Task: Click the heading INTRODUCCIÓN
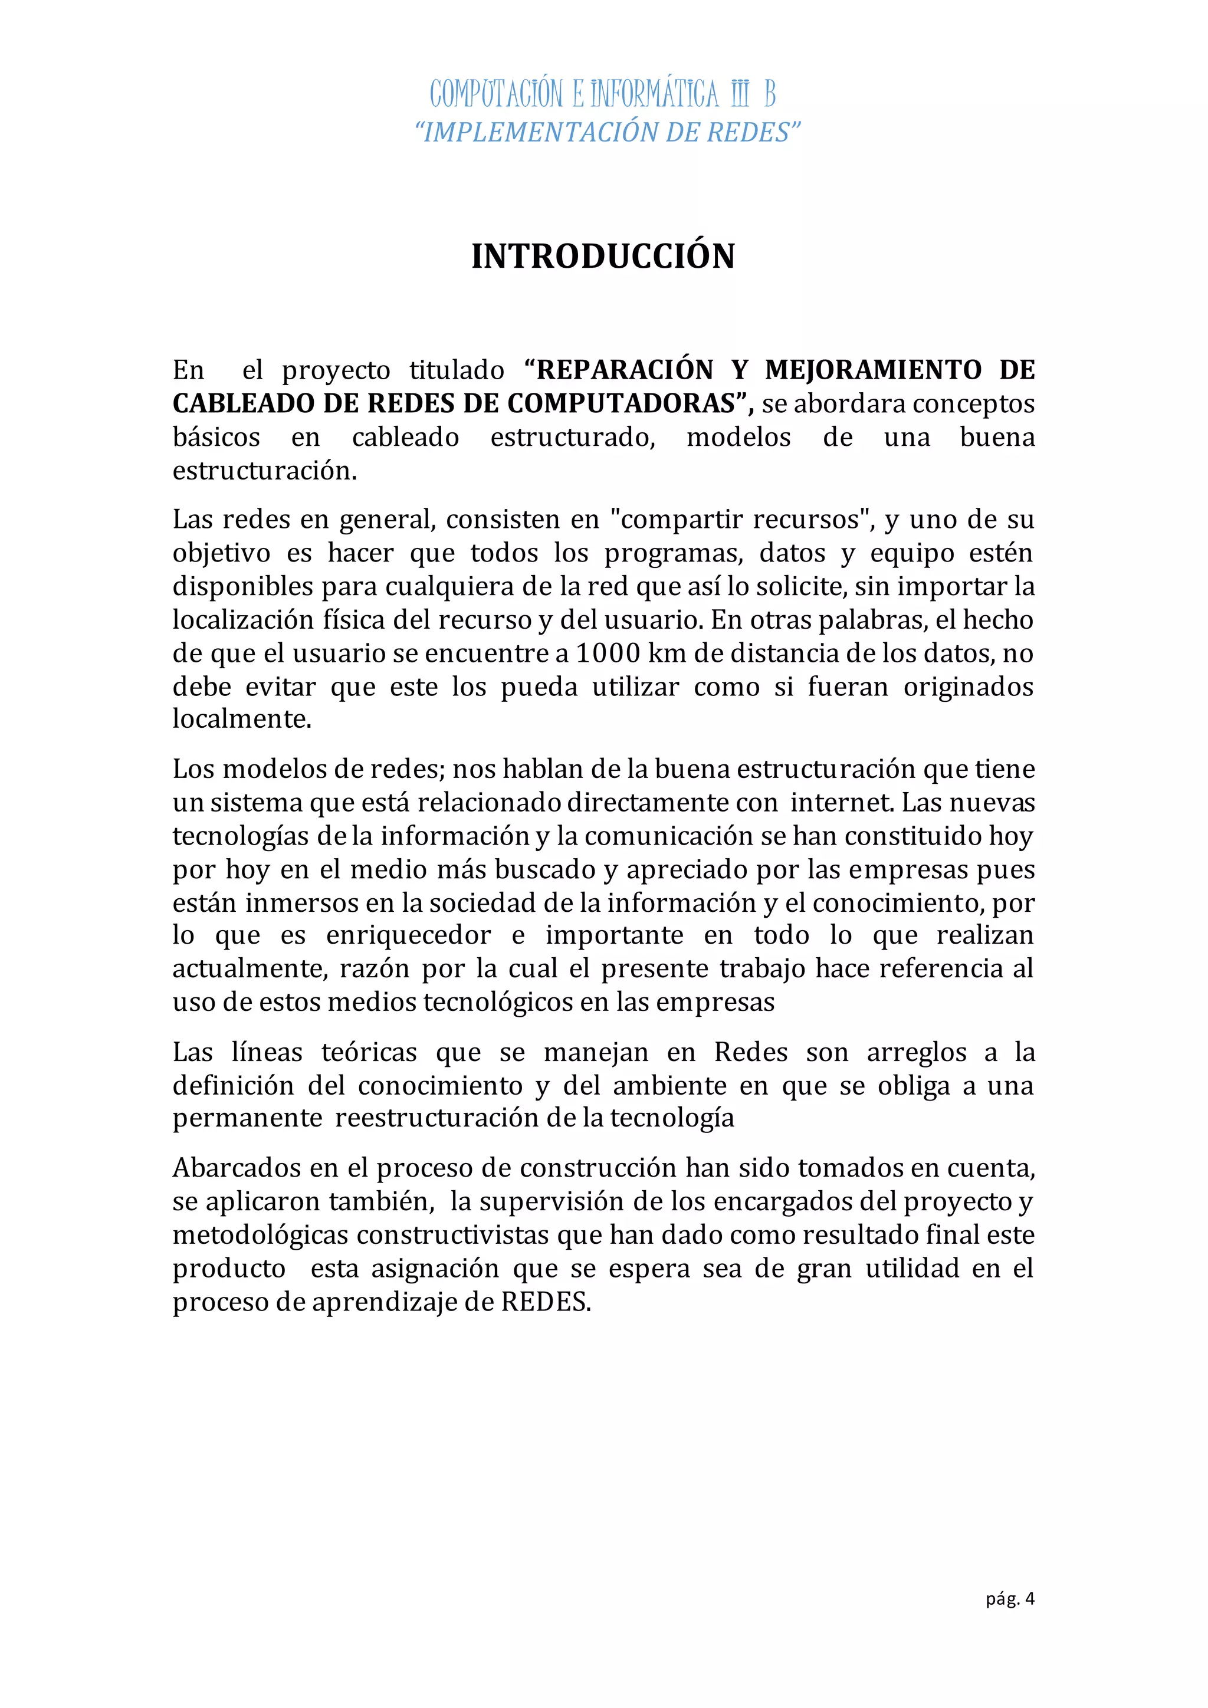(603, 257)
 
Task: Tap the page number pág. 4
(1010, 1620)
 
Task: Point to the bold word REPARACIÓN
(625, 370)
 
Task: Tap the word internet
(840, 803)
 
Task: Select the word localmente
(242, 720)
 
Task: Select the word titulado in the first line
(457, 370)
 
